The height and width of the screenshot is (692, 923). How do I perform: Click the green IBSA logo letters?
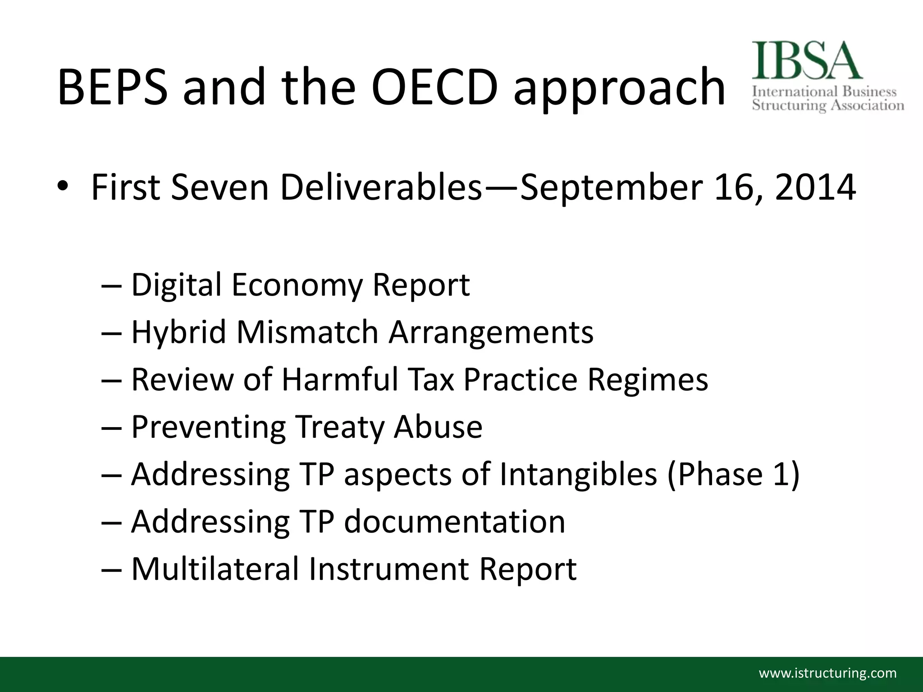(x=807, y=61)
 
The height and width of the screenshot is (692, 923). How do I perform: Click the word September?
(x=611, y=187)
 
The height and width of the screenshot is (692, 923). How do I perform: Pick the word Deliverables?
(x=381, y=187)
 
